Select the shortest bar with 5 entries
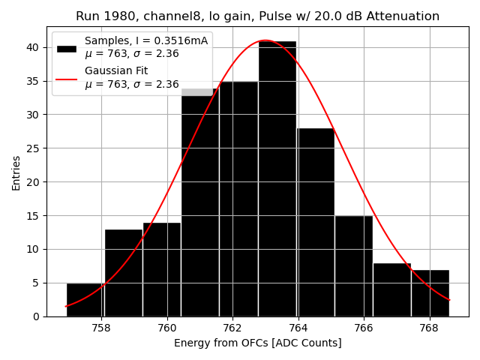(85, 299)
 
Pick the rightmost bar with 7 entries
(430, 293)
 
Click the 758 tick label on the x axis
(101, 328)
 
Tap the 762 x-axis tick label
(232, 328)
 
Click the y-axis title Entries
(16, 172)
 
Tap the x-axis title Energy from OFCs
(257, 343)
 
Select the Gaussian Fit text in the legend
(116, 70)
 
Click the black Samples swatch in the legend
(67, 48)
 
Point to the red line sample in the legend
(67, 77)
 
